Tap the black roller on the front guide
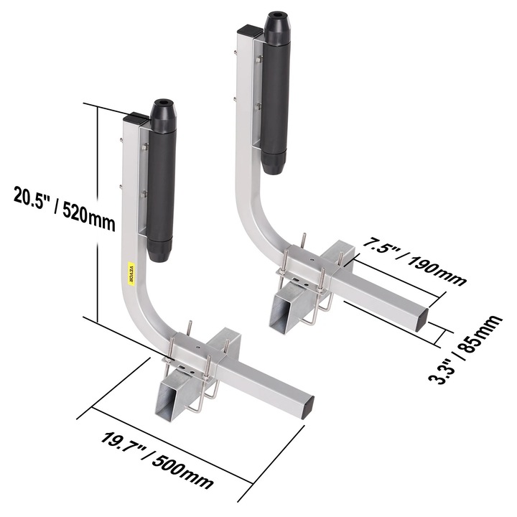[162, 180]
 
